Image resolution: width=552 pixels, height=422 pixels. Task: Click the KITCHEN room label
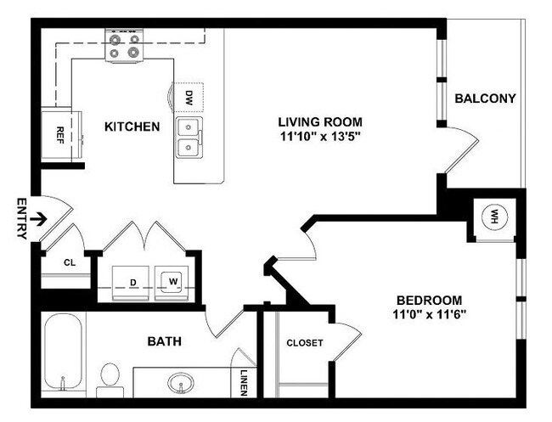coord(132,127)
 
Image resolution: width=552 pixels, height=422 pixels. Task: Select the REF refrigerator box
coord(61,132)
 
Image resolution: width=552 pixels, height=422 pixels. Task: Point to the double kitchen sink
coord(189,138)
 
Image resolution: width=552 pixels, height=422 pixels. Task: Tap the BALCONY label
coord(485,98)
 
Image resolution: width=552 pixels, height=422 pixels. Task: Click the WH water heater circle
coord(492,217)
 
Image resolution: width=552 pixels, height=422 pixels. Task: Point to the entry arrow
coord(38,218)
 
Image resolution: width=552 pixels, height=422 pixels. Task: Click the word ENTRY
coord(20,218)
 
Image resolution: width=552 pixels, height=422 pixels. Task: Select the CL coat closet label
coord(70,262)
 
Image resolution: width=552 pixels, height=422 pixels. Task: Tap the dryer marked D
coord(132,279)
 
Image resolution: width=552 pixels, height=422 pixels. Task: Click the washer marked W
coord(172,279)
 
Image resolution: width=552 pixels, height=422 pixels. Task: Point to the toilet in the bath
coord(110,377)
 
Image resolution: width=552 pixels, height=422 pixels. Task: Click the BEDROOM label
coord(429,300)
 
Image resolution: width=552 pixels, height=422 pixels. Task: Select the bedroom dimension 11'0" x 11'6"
coord(429,314)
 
